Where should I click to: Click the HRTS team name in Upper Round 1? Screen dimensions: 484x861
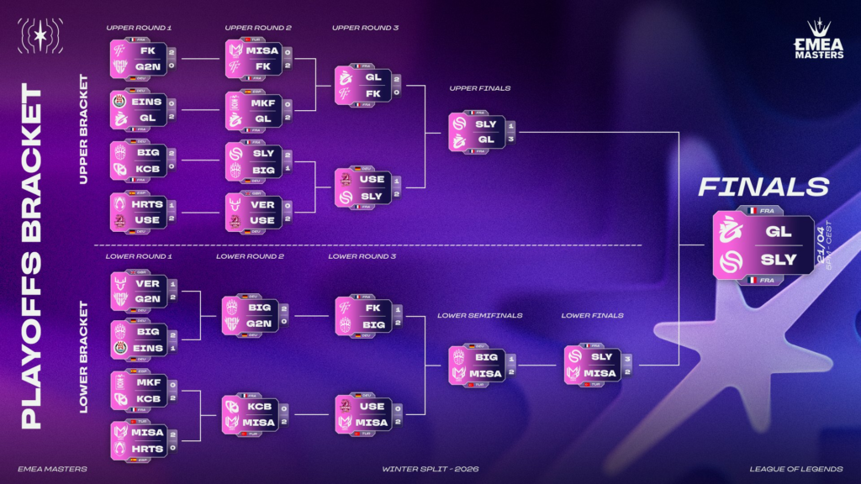coord(148,204)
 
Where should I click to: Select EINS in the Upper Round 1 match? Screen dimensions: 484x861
coord(148,102)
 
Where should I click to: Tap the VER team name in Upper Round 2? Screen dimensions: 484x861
coord(261,204)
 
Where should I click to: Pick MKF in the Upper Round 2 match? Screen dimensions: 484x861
coord(261,102)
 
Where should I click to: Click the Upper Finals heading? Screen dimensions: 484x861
coord(480,87)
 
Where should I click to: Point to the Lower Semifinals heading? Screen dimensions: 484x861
coord(480,316)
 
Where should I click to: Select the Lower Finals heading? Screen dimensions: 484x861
coord(593,316)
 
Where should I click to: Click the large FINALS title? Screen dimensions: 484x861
coord(763,187)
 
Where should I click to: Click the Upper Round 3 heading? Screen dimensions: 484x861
coord(365,28)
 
